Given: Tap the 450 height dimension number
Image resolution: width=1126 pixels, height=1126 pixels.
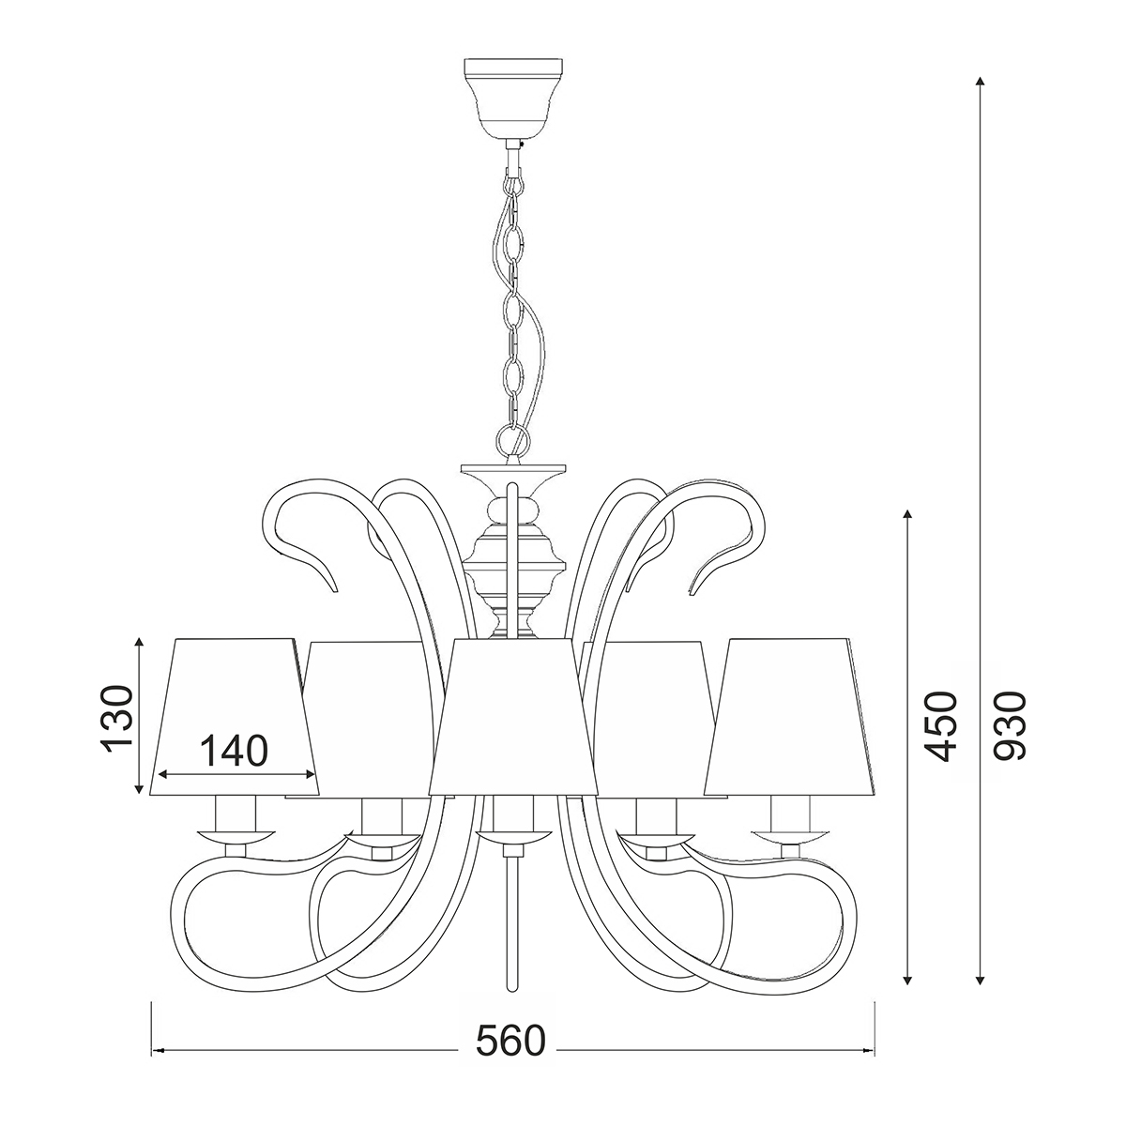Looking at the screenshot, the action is [x=941, y=726].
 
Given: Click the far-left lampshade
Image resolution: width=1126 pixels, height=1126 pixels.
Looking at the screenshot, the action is [x=236, y=716].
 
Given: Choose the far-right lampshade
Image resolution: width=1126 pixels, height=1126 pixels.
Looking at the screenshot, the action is [x=791, y=716].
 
